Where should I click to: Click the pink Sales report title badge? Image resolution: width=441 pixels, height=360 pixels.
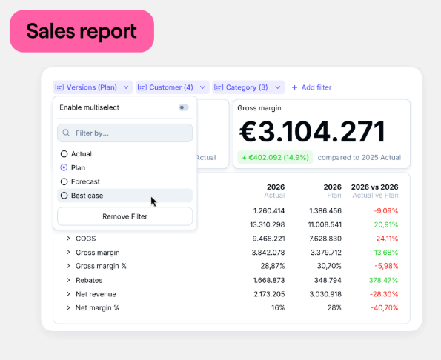click(x=82, y=31)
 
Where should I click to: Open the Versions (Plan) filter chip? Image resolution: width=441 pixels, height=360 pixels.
click(x=93, y=87)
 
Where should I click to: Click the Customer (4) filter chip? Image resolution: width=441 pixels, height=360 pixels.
click(x=171, y=87)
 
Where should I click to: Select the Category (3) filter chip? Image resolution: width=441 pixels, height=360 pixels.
click(x=248, y=87)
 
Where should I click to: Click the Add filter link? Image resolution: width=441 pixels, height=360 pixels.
click(x=311, y=87)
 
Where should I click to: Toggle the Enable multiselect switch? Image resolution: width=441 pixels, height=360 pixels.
click(x=184, y=107)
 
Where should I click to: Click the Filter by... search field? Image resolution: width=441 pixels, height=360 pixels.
click(x=125, y=133)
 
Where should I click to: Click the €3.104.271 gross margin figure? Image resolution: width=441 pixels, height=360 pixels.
click(x=312, y=132)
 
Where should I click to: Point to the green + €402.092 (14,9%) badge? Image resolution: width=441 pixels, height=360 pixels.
click(x=275, y=158)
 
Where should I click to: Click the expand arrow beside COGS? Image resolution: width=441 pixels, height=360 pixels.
click(x=67, y=239)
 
